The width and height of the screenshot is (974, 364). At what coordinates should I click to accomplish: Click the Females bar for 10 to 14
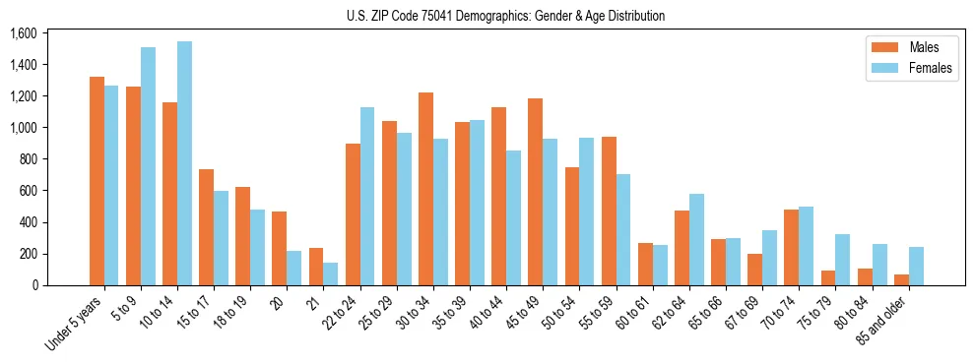[x=184, y=163]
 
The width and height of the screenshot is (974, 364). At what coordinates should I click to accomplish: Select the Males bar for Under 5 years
[x=97, y=181]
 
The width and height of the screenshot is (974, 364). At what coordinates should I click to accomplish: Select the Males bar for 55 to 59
[x=609, y=212]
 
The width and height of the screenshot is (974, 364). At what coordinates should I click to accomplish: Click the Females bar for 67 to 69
[x=769, y=258]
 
